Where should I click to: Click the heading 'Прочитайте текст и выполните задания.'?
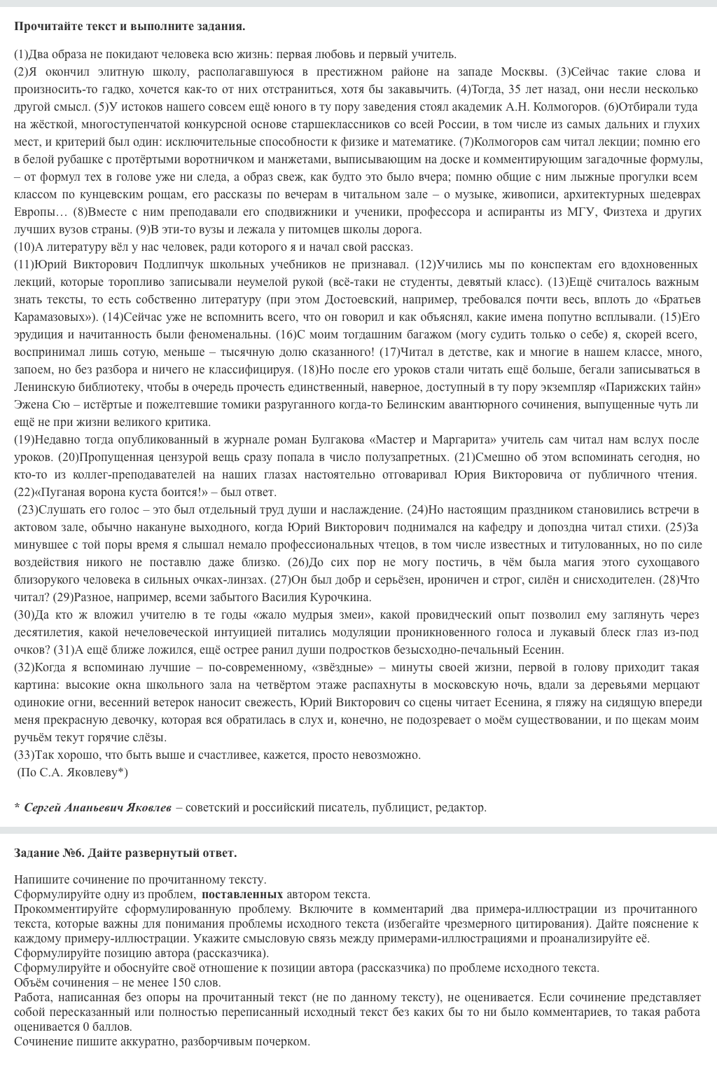tap(130, 27)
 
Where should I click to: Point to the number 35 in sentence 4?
tap(515, 89)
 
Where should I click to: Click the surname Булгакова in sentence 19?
tap(337, 439)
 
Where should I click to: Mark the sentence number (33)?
tap(24, 755)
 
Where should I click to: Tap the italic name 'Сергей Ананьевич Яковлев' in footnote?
tap(97, 807)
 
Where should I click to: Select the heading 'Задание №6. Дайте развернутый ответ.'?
tap(125, 853)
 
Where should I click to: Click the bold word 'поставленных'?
tap(242, 894)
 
